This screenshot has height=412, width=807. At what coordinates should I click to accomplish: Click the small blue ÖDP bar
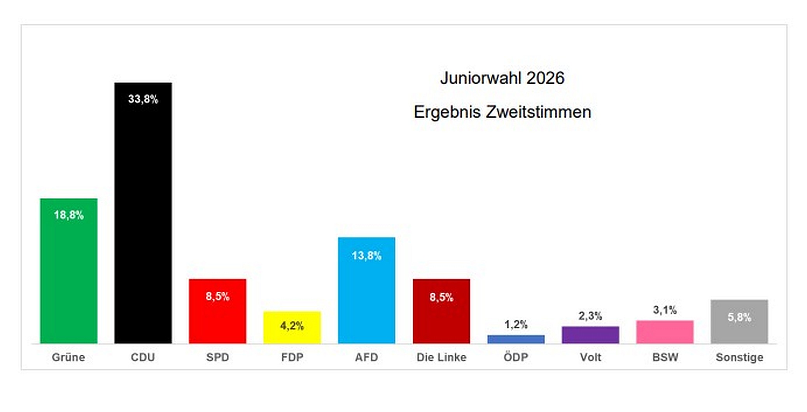click(x=516, y=339)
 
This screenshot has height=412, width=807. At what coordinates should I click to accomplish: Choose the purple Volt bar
click(x=590, y=335)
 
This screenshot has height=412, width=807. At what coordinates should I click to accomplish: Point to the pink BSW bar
click(x=665, y=332)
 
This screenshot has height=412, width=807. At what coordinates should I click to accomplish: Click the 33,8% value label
click(x=143, y=99)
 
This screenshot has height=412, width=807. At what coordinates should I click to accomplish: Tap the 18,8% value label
click(x=68, y=215)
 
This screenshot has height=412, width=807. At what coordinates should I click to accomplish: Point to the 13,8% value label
click(x=366, y=255)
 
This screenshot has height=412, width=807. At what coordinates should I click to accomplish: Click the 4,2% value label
click(x=292, y=326)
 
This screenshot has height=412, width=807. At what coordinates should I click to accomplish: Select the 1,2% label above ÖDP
click(x=516, y=324)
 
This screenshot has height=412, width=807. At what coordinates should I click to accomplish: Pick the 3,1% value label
click(x=665, y=310)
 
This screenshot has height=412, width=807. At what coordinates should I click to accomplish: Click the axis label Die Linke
click(x=441, y=357)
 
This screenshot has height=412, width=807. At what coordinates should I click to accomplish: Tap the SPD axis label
click(x=217, y=357)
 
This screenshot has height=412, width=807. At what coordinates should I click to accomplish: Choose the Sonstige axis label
click(x=739, y=357)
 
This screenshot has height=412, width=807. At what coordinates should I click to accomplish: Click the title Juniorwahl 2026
click(x=502, y=78)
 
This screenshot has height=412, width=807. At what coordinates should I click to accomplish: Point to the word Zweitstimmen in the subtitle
click(x=538, y=112)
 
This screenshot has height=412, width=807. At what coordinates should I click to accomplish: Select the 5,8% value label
click(x=739, y=317)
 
